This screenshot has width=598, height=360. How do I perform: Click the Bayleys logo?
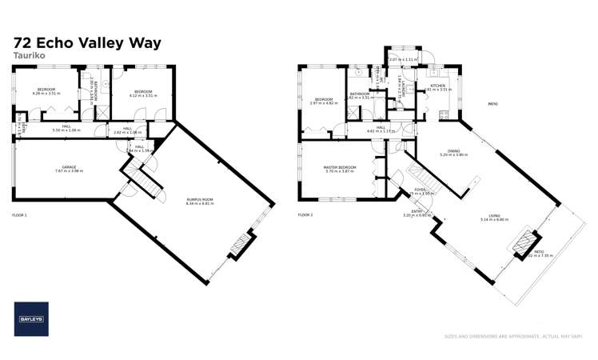coord(31,318)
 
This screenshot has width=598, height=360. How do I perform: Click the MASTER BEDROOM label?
coord(339,167)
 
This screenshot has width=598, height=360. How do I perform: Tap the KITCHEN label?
coord(437,86)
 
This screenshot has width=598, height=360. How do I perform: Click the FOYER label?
coord(419,190)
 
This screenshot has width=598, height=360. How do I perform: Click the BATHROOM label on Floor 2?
coord(360,94)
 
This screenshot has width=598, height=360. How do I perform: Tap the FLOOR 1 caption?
coord(20,215)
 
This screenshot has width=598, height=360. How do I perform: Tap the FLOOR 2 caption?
coord(305,215)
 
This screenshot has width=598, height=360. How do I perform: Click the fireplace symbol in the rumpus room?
coord(239,246)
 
